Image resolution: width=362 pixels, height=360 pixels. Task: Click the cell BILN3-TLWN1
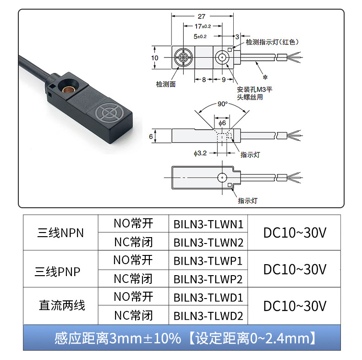coord(208,224)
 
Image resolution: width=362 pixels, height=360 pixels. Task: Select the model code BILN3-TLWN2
coord(208,242)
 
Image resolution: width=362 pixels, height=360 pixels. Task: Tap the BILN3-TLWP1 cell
coord(208,260)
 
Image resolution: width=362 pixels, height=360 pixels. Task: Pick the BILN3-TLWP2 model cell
coord(208,278)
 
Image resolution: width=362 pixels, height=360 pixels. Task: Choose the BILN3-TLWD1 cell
coord(208,297)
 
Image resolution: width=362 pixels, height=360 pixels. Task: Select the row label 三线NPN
coord(61,233)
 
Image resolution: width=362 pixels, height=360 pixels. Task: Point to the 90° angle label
coord(222,104)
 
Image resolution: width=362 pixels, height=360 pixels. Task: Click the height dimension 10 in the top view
coord(154,58)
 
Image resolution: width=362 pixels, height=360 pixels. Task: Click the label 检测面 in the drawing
coord(165,84)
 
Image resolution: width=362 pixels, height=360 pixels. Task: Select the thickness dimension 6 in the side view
coord(151,136)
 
